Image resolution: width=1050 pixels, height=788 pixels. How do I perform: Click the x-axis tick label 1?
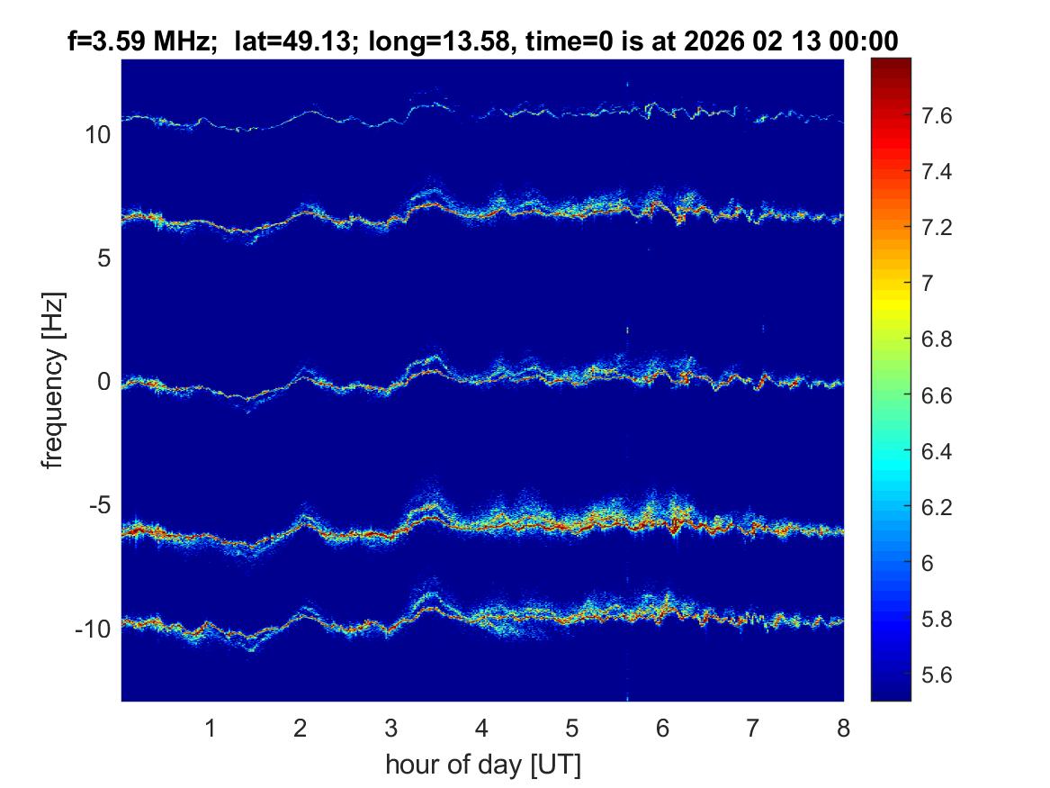[x=210, y=728]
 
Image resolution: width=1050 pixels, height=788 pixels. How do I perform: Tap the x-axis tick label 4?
[x=481, y=728]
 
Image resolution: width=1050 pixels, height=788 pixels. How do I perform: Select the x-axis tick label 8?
[x=843, y=728]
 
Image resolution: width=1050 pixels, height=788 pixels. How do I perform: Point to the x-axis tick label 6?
[x=662, y=728]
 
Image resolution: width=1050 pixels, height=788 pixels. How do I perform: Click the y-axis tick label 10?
[x=96, y=136]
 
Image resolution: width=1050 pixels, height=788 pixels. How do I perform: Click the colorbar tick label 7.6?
[x=940, y=116]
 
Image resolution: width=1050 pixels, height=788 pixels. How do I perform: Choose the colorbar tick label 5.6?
[x=940, y=675]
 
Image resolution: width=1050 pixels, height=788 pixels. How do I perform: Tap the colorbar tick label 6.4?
[x=940, y=451]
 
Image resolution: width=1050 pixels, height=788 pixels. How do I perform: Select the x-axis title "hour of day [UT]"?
[x=482, y=765]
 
